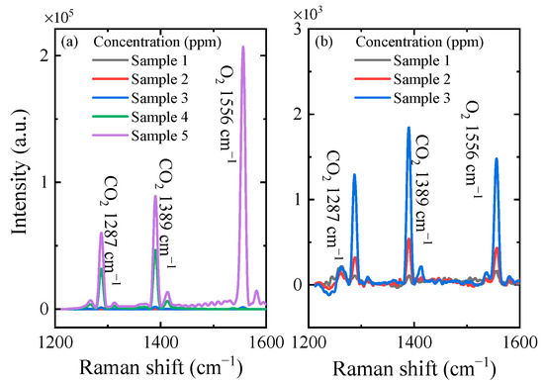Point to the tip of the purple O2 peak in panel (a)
click(x=243, y=47)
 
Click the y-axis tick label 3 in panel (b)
click(x=299, y=30)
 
